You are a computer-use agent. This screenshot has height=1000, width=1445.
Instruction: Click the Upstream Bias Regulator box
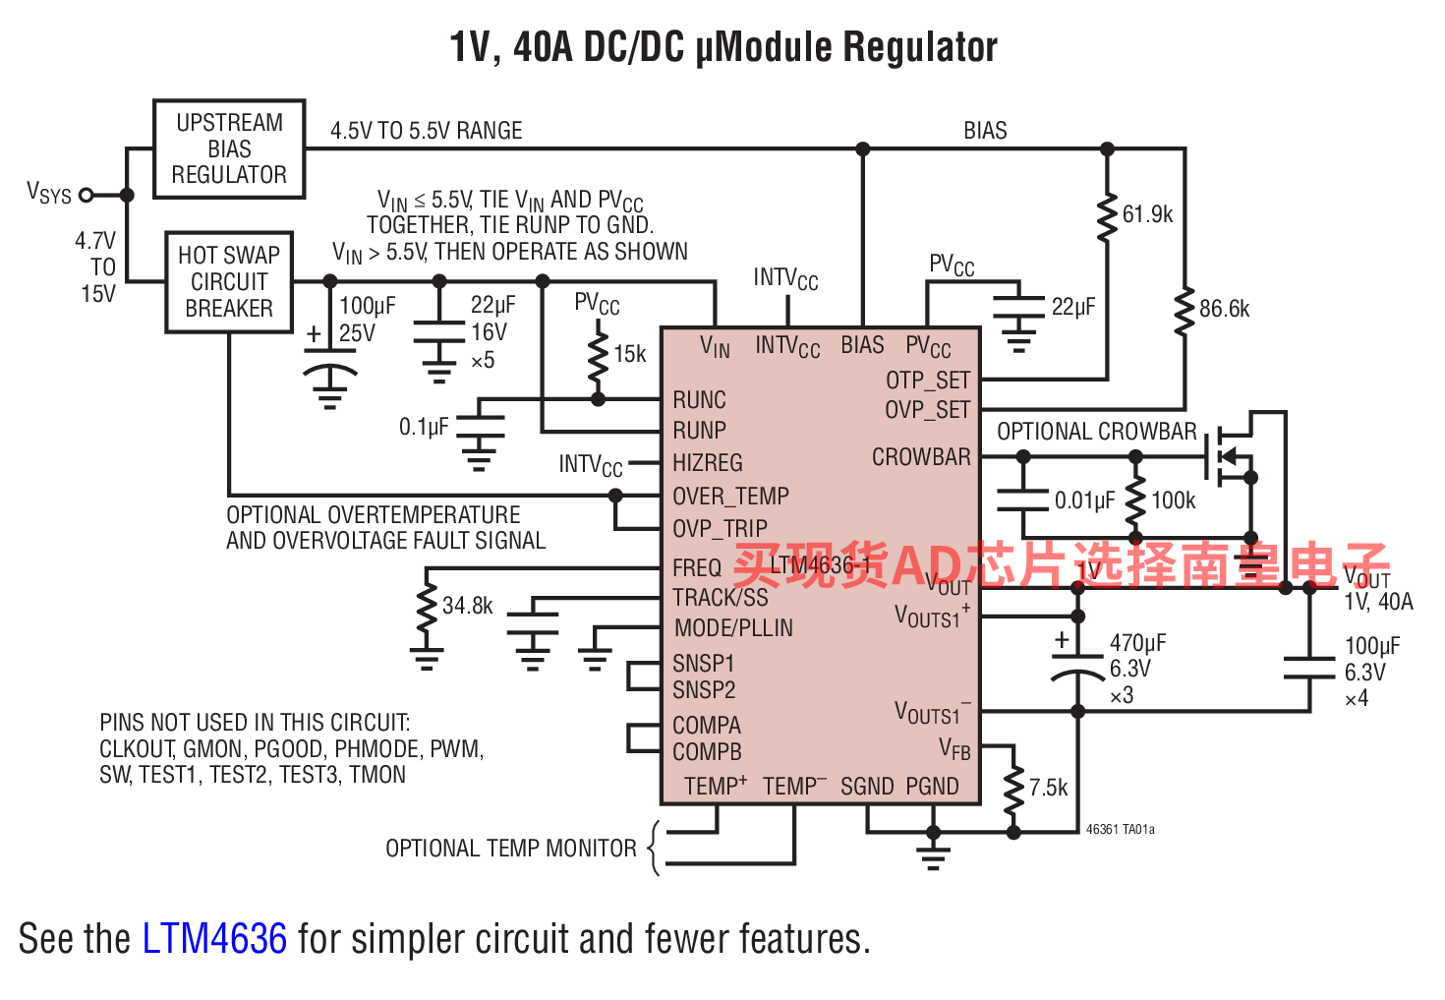coord(229,148)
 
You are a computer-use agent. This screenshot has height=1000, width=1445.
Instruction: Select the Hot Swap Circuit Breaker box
coord(229,282)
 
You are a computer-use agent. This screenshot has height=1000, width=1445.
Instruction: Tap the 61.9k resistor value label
coord(1147,214)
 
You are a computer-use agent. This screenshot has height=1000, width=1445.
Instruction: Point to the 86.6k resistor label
coord(1224,309)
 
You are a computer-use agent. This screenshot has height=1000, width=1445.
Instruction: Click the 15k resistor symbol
coord(598,356)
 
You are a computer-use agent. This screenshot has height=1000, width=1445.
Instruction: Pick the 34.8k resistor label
coord(467,606)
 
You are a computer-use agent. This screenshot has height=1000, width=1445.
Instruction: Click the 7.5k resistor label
coord(1048,788)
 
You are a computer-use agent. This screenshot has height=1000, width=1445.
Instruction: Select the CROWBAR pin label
coord(921,457)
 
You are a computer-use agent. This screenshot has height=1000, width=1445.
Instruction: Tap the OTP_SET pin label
coord(928,381)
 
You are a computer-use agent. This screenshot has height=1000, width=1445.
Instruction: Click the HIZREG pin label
coord(708,463)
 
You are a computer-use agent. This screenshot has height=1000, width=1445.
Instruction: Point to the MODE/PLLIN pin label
coord(733,628)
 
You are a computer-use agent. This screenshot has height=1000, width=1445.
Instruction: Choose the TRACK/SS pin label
coord(721,598)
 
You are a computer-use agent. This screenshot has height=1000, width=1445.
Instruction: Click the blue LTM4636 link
coord(214,939)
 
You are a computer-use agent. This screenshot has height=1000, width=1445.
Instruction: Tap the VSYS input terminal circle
coord(87,195)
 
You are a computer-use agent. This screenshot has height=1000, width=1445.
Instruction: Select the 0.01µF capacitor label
coord(1084,500)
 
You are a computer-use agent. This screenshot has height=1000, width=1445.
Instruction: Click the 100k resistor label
coord(1173,500)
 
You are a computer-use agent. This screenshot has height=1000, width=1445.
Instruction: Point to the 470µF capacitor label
coord(1137,643)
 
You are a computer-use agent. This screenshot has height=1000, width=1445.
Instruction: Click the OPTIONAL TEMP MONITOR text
coord(510,849)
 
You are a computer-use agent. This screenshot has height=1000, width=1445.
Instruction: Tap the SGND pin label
coord(867,787)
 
